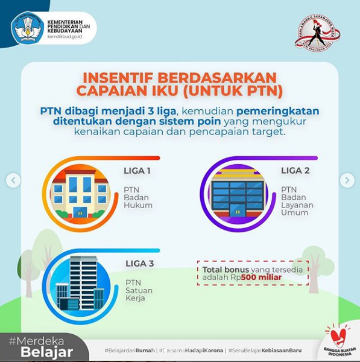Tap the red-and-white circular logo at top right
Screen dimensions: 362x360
click(x=317, y=32)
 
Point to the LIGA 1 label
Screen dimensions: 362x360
click(x=137, y=171)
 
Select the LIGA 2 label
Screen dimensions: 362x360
click(x=295, y=171)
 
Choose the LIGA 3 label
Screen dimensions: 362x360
click(x=139, y=264)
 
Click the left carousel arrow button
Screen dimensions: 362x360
click(x=13, y=180)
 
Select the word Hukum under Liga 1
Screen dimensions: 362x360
click(x=138, y=205)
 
